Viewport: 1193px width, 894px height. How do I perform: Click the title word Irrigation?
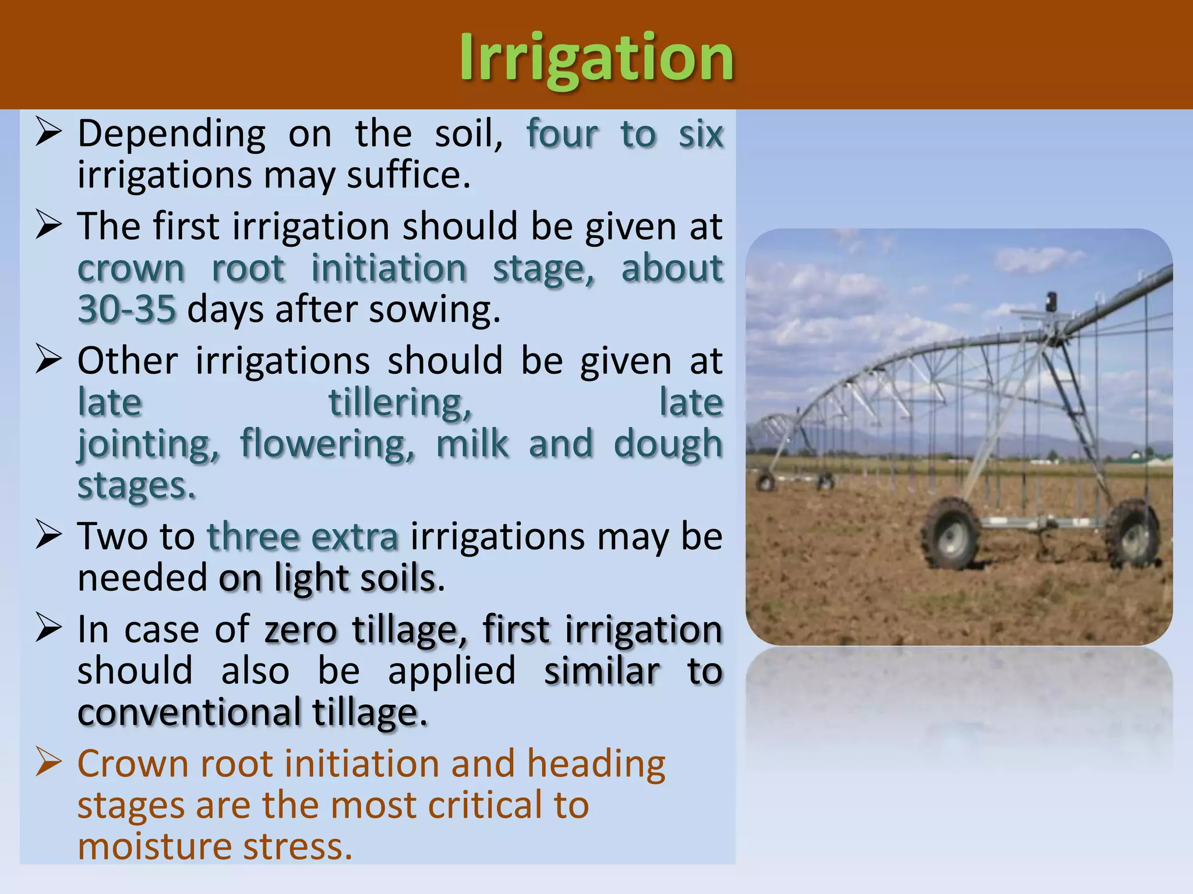point(596,58)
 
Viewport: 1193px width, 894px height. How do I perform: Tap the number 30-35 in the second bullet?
point(127,309)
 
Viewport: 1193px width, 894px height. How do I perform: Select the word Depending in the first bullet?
point(172,134)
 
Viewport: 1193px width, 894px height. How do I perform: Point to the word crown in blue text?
point(131,269)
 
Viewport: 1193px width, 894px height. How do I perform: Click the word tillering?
point(400,403)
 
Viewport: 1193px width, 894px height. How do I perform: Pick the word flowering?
point(327,445)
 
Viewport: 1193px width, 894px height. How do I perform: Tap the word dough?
point(668,445)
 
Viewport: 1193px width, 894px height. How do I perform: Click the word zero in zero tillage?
point(301,630)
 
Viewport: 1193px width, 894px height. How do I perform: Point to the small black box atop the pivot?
point(1051,301)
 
